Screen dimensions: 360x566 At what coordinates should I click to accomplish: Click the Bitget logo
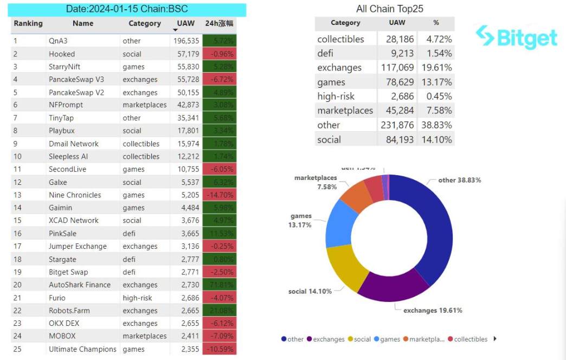click(x=516, y=37)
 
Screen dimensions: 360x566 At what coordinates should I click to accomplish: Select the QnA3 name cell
click(x=58, y=41)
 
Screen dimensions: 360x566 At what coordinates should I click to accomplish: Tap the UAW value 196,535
click(x=186, y=41)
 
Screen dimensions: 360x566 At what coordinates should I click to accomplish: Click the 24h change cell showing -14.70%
click(x=220, y=195)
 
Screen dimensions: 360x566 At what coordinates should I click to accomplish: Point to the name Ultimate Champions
click(x=82, y=349)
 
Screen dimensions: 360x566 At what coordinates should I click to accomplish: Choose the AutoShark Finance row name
click(x=80, y=285)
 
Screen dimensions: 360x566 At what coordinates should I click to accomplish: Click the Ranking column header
click(x=28, y=23)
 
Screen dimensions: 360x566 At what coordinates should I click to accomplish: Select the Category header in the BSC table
click(x=145, y=23)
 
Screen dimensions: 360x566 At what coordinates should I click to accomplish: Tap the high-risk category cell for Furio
click(x=138, y=298)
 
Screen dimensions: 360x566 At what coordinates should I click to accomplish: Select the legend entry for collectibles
click(x=471, y=339)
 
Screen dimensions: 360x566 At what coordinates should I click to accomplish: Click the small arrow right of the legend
click(x=495, y=339)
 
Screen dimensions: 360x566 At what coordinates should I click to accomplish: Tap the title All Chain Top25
click(x=389, y=9)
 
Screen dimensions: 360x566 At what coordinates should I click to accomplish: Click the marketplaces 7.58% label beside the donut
click(x=316, y=182)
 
